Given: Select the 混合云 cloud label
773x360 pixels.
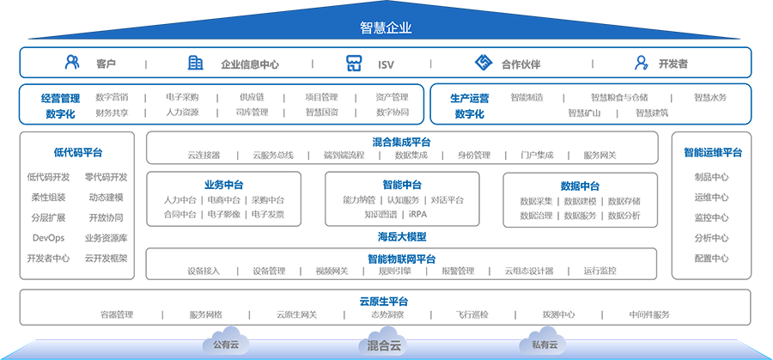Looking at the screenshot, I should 385,346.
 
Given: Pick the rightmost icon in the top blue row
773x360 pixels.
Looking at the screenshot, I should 639,62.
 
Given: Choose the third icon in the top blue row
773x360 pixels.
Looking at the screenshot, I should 348,62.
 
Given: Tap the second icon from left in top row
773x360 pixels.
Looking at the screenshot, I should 196,62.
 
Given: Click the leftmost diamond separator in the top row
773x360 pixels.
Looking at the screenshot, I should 149,62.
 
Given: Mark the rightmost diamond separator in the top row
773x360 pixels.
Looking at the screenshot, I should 592,62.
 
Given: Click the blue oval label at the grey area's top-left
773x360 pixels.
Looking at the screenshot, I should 76,154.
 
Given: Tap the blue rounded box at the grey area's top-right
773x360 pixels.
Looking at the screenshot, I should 711,153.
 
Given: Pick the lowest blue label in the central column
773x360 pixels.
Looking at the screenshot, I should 386,301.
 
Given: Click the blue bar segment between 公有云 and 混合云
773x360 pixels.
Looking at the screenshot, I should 305,336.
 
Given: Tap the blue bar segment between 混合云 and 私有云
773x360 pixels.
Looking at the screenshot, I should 465,336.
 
